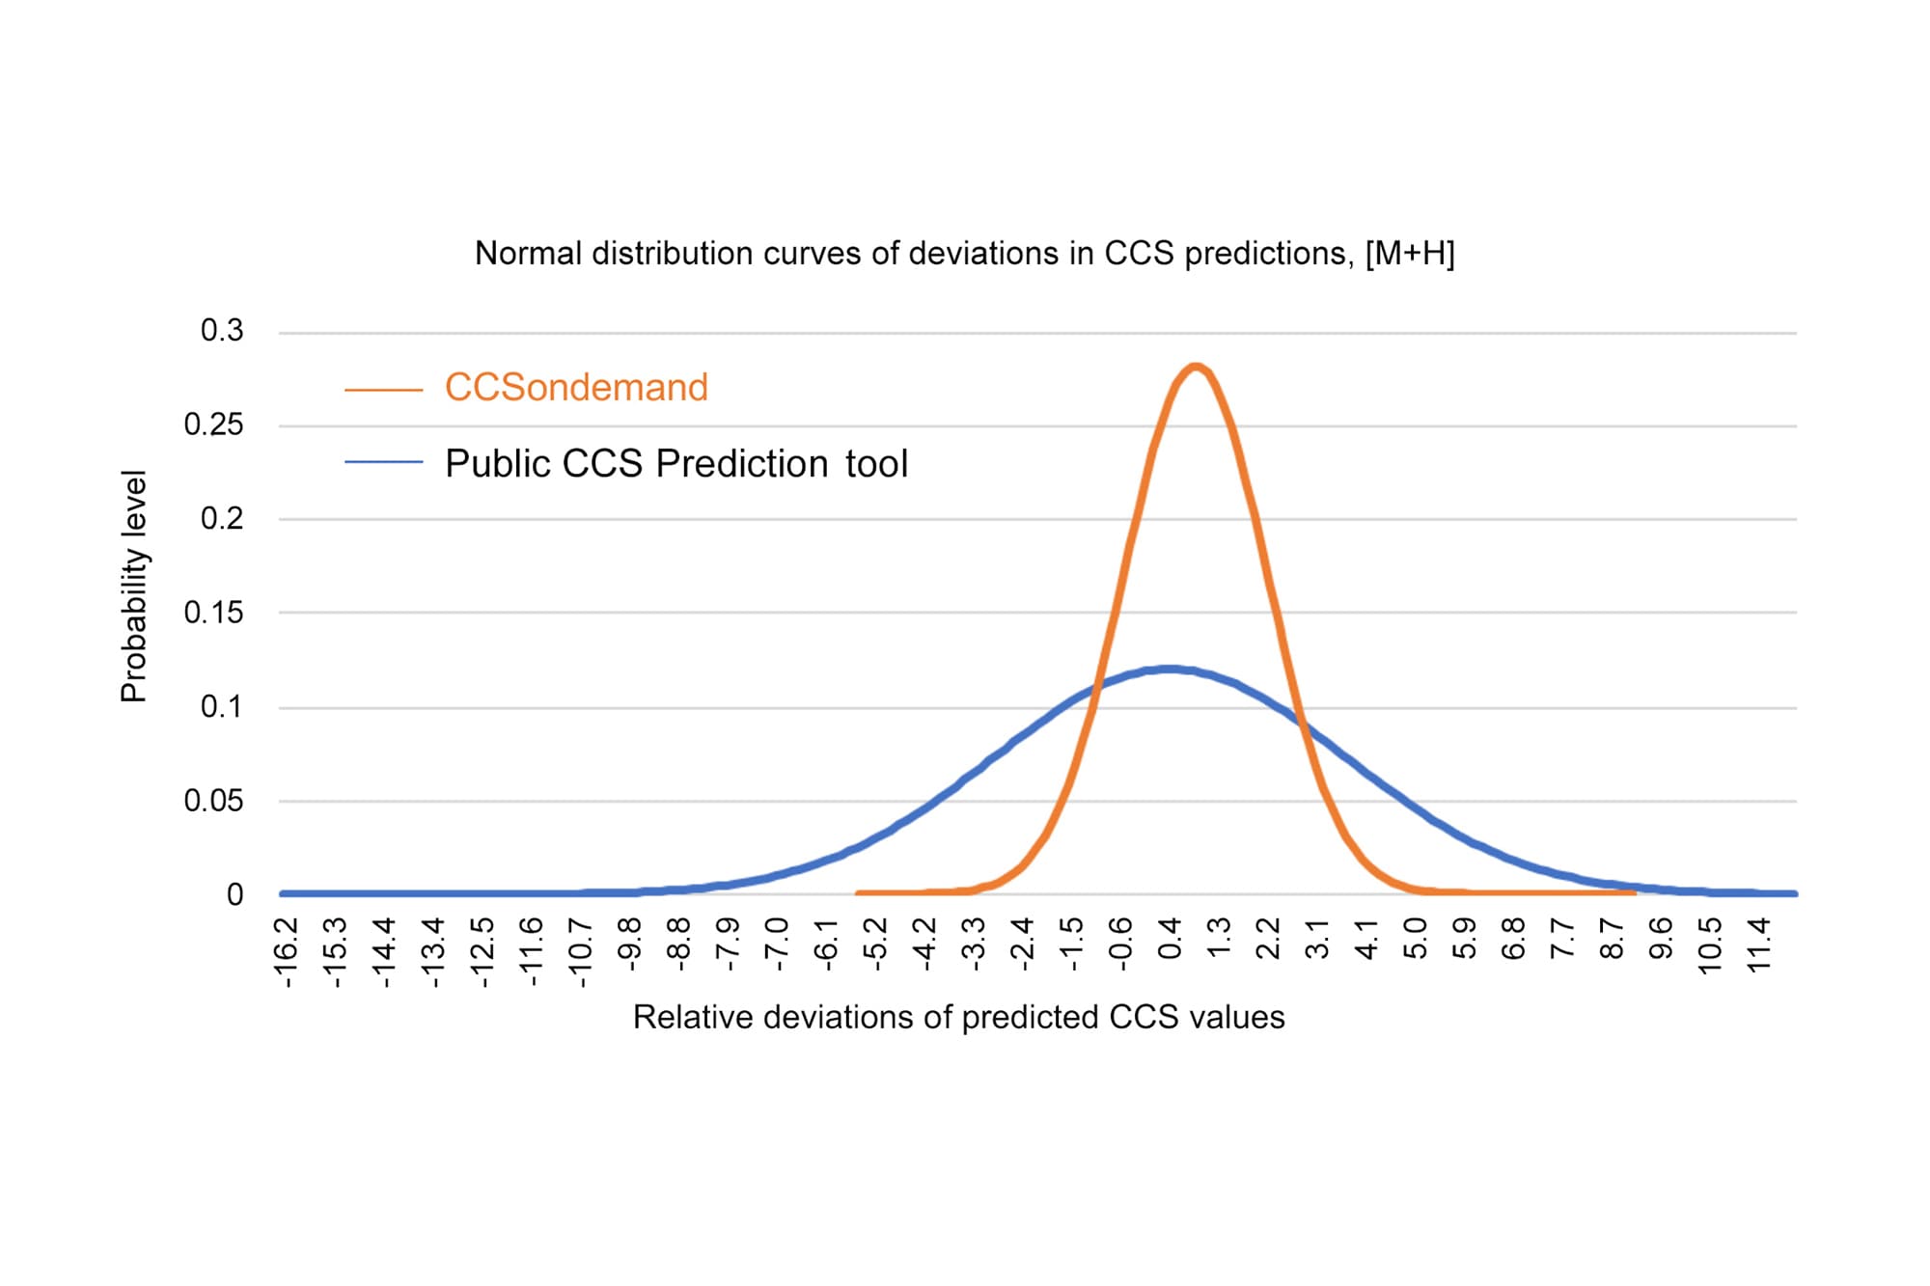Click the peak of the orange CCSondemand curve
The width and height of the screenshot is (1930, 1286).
tap(1196, 367)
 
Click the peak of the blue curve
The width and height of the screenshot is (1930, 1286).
tap(1170, 669)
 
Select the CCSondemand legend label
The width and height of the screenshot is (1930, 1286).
tap(576, 388)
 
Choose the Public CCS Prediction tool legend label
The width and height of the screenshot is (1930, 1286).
tap(676, 464)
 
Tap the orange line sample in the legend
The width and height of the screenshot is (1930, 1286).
tap(384, 390)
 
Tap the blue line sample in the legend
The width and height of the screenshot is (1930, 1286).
tap(384, 462)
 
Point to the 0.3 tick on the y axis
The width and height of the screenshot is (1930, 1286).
tap(222, 331)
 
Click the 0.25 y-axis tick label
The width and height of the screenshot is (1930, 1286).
tap(214, 425)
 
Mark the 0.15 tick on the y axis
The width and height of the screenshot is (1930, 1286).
tap(214, 613)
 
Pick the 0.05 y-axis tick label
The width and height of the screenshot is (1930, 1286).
tap(214, 801)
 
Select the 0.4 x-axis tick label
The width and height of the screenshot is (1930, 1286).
tap(1171, 939)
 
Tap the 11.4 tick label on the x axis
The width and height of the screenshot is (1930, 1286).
tap(1760, 945)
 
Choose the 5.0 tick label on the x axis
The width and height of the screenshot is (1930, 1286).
tap(1416, 939)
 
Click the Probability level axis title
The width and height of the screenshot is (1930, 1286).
tap(134, 587)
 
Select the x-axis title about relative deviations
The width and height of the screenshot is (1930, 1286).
tap(958, 1018)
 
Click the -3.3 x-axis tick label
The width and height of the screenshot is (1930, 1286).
tap(974, 945)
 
